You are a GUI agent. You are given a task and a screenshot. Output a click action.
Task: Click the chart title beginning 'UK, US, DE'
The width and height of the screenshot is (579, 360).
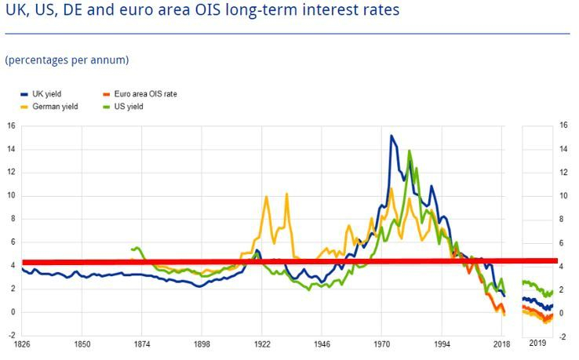click(x=202, y=11)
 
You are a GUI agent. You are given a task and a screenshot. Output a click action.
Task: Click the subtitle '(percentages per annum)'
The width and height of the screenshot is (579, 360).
click(x=67, y=60)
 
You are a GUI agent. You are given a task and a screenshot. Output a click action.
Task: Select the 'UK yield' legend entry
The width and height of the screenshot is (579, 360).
click(x=48, y=94)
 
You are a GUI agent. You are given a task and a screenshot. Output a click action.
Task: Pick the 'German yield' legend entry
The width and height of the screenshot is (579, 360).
click(x=53, y=106)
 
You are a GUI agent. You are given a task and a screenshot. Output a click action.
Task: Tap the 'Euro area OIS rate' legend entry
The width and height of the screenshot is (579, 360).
click(x=147, y=94)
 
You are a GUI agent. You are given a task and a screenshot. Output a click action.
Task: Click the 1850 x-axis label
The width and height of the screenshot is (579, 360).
click(x=82, y=344)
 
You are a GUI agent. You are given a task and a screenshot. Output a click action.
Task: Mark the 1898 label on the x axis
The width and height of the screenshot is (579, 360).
click(x=202, y=344)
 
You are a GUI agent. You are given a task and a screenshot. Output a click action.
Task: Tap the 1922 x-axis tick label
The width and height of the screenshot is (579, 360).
click(x=262, y=344)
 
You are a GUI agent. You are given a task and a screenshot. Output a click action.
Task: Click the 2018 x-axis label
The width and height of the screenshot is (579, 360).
click(x=501, y=344)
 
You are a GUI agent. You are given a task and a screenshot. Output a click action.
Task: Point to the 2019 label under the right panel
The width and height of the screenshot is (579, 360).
click(x=538, y=344)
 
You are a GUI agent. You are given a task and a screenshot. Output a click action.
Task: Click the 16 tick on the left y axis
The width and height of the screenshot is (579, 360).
click(x=11, y=125)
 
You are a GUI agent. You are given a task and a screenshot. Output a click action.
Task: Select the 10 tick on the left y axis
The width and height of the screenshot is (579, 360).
click(x=11, y=195)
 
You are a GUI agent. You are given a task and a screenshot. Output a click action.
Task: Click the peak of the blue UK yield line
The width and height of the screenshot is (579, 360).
click(x=391, y=136)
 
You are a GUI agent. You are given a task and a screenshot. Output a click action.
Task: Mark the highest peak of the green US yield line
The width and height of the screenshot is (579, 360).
click(x=409, y=151)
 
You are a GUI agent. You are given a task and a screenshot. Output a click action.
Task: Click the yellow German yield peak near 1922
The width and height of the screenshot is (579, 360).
click(x=267, y=197)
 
